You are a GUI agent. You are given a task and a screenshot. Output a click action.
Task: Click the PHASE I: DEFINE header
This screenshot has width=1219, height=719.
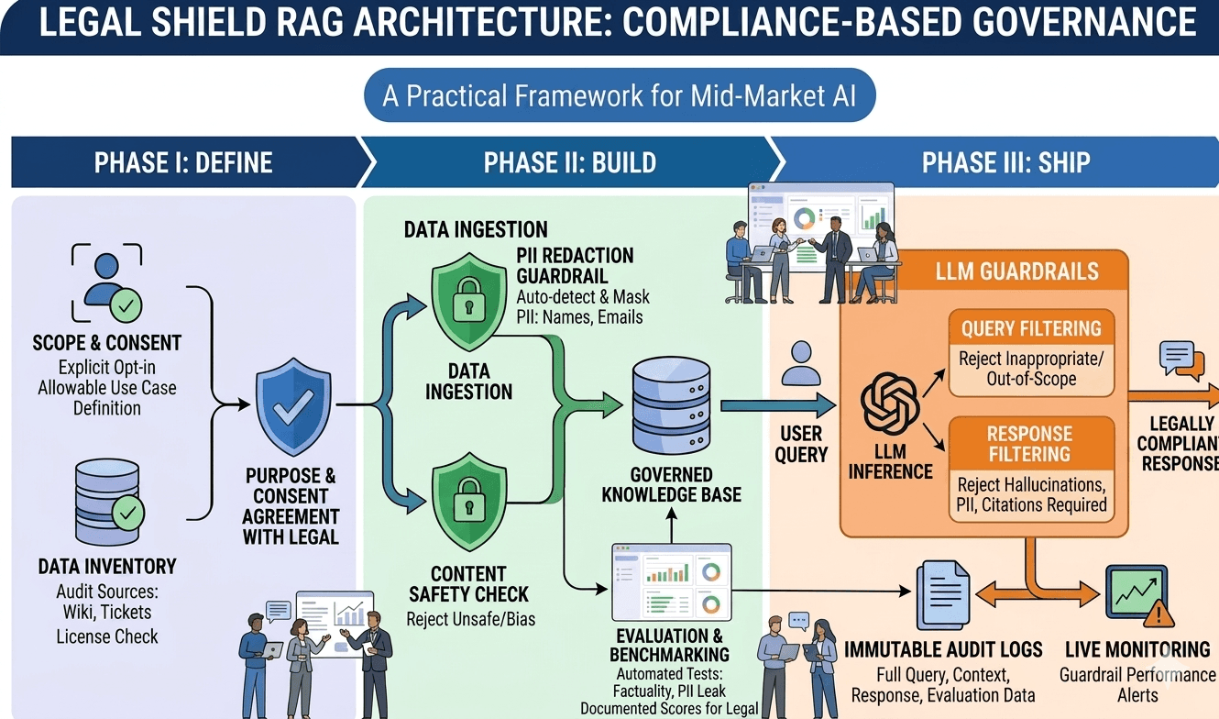(x=183, y=163)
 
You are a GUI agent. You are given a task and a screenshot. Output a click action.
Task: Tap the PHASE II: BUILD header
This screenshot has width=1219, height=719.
(x=569, y=163)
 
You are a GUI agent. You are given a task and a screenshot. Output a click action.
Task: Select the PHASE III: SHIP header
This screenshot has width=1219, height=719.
(x=1005, y=163)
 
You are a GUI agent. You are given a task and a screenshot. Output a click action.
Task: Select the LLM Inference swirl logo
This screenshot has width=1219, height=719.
(x=889, y=404)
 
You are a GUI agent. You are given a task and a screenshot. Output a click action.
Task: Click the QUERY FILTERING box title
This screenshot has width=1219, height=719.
(x=1030, y=329)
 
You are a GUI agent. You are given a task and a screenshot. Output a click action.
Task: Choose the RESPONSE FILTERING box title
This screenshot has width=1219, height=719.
(x=1029, y=444)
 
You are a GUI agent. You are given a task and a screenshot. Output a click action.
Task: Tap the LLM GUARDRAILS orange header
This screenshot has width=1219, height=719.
(x=1029, y=271)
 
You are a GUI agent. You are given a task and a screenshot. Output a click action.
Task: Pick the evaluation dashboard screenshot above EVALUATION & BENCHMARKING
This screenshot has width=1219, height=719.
(x=671, y=583)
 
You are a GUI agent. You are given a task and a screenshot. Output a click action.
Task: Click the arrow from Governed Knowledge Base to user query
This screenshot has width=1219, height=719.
(x=777, y=405)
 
